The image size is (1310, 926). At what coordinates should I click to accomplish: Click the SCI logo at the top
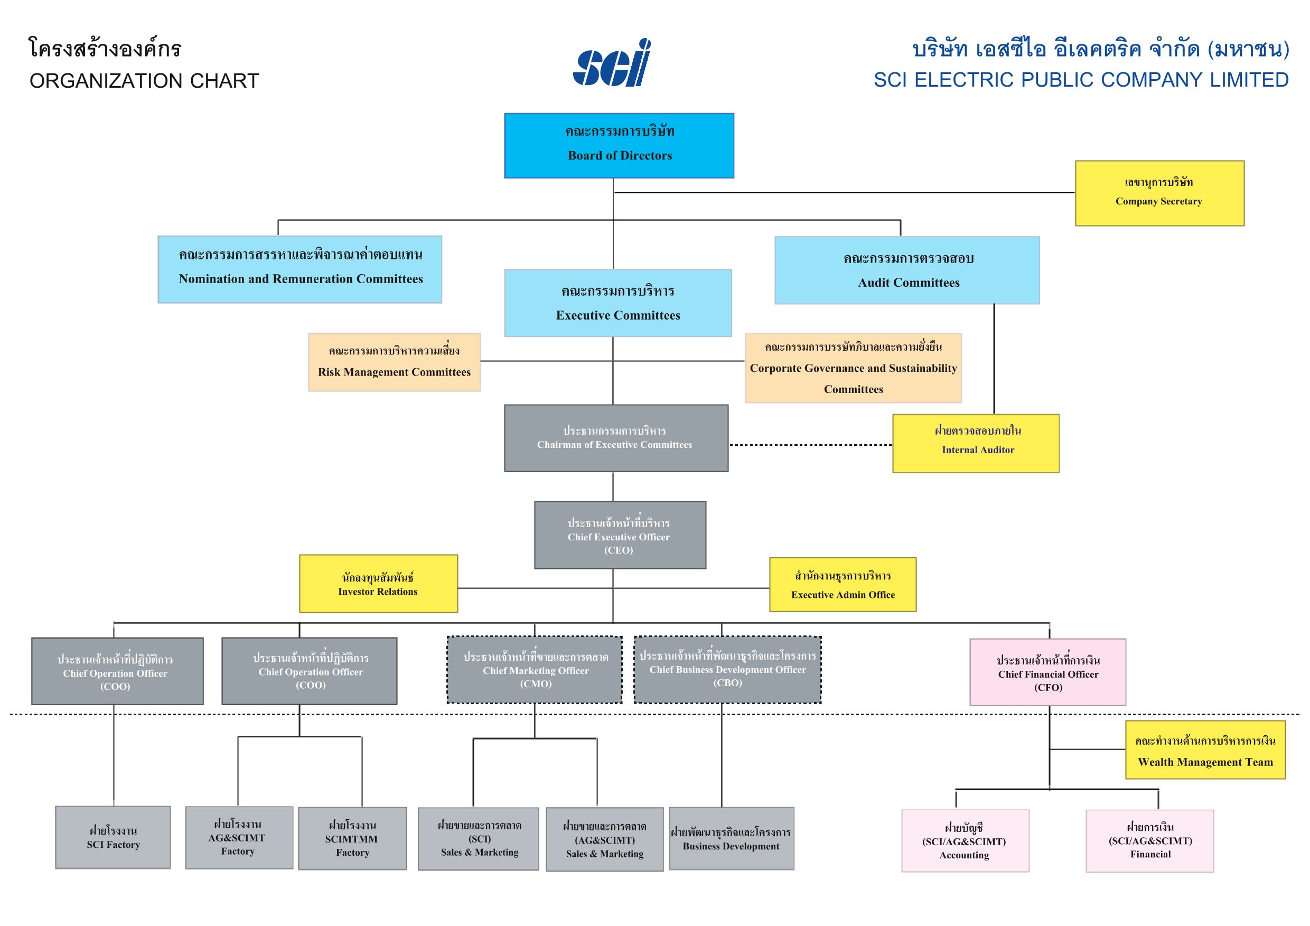pos(612,63)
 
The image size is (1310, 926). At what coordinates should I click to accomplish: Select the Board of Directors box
pos(619,145)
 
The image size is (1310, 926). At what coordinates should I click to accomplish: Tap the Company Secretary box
pos(1159,193)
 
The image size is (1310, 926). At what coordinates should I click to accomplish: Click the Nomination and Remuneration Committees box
pos(300,269)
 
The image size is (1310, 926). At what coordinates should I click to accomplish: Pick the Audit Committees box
pos(907,270)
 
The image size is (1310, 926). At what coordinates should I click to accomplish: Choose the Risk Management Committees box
pos(394,362)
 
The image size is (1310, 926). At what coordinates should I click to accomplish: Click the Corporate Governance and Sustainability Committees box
pos(853,368)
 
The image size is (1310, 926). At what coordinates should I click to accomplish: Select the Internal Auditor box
pos(976,443)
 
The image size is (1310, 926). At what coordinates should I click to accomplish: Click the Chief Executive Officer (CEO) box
pos(620,535)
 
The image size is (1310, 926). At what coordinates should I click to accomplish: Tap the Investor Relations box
pos(378,584)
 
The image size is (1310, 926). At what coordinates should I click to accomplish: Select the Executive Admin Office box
pos(843,585)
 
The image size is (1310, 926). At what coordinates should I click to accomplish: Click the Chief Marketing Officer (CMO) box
pos(535,670)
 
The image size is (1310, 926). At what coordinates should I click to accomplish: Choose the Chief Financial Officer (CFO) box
pos(1047,672)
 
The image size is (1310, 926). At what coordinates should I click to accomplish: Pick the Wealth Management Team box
pos(1205,750)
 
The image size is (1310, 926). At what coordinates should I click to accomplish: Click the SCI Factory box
pos(113,837)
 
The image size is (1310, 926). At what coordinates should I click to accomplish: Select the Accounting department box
pos(965,840)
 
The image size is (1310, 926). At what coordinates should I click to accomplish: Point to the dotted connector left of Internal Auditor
pos(810,444)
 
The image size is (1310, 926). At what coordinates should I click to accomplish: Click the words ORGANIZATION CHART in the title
pos(144,81)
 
